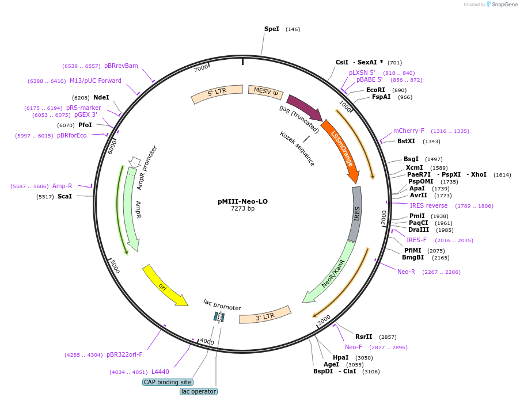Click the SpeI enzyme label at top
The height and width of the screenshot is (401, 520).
tap(271, 29)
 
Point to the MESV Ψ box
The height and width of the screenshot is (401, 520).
tap(265, 90)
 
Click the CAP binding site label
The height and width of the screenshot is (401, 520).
tap(168, 382)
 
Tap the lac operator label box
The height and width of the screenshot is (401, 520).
tap(199, 391)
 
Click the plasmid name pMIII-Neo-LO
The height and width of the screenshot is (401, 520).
tap(242, 201)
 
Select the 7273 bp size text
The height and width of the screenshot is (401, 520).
tap(242, 209)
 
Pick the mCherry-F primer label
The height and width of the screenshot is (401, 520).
tap(408, 131)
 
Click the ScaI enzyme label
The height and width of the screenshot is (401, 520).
tap(64, 196)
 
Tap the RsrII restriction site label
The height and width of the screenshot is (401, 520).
tap(363, 337)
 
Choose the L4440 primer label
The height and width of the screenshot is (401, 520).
tap(160, 372)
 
